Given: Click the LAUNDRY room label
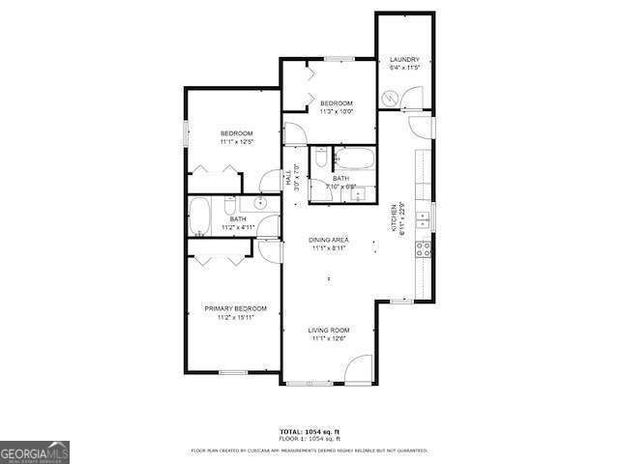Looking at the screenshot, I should pos(403,60).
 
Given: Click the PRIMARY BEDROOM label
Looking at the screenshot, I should pos(235,308).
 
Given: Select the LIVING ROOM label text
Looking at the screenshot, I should pos(329,330).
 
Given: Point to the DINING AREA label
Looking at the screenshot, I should pos(329,239).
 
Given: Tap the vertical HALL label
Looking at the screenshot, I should pos(287,178).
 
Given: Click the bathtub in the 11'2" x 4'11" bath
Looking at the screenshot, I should pos(199,217).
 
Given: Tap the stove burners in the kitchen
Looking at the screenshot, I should pos(423,248).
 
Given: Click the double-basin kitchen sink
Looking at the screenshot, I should pos(423,223).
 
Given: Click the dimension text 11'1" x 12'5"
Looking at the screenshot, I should pos(236,142).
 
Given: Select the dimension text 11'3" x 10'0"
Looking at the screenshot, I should pos(337,111).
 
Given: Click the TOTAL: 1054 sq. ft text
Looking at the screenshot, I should pos(309,431).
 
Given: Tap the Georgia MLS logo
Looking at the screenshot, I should pos(34,451).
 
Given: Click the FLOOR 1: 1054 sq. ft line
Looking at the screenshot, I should pos(309,439).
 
